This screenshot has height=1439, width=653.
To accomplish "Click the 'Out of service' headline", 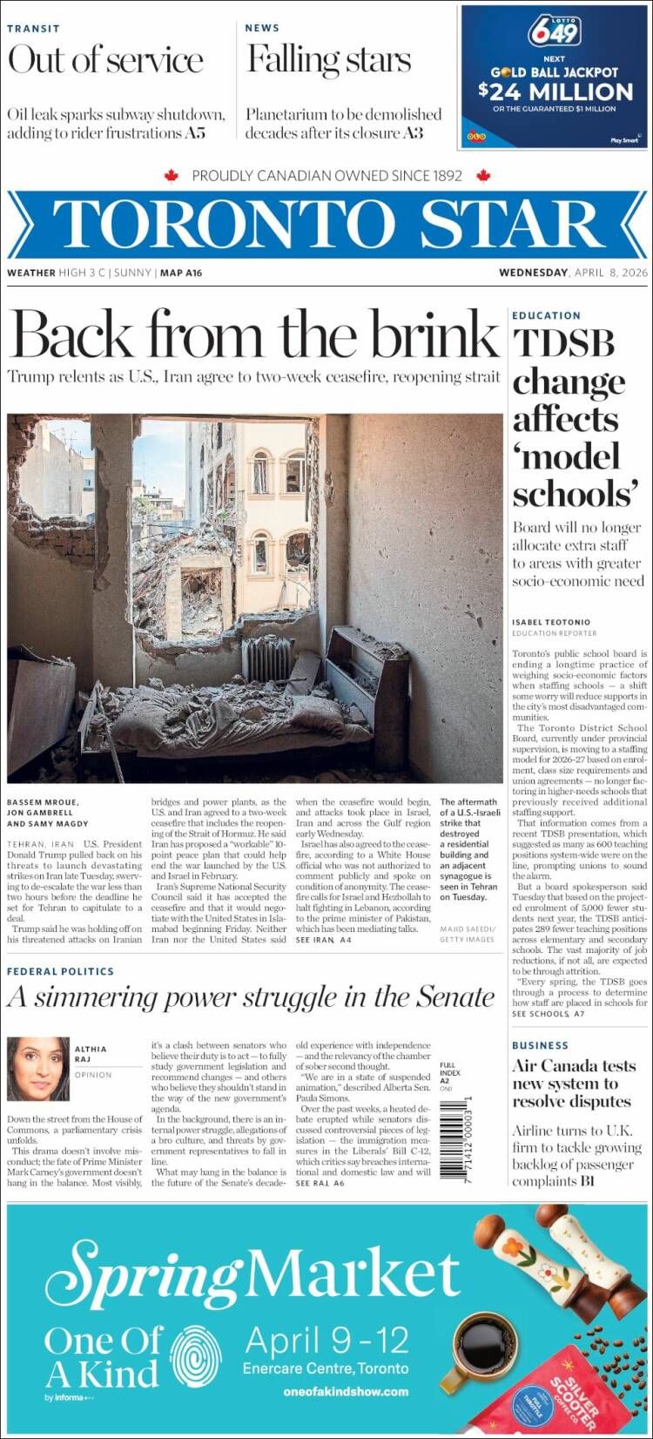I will [105, 61].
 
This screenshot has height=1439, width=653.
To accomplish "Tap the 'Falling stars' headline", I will [328, 60].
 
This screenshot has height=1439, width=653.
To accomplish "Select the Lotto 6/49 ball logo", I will [554, 33].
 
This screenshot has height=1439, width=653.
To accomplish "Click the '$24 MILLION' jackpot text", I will [555, 91].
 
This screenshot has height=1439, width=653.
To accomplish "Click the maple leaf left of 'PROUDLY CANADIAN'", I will [171, 176].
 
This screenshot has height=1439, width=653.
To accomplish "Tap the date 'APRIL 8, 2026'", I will [611, 273].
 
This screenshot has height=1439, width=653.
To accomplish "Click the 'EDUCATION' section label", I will [546, 315].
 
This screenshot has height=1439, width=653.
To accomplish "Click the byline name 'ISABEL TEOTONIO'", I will [551, 622].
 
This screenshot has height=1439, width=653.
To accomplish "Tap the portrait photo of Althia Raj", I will [37, 1069].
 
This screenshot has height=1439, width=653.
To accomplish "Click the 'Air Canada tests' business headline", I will [574, 1066].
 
